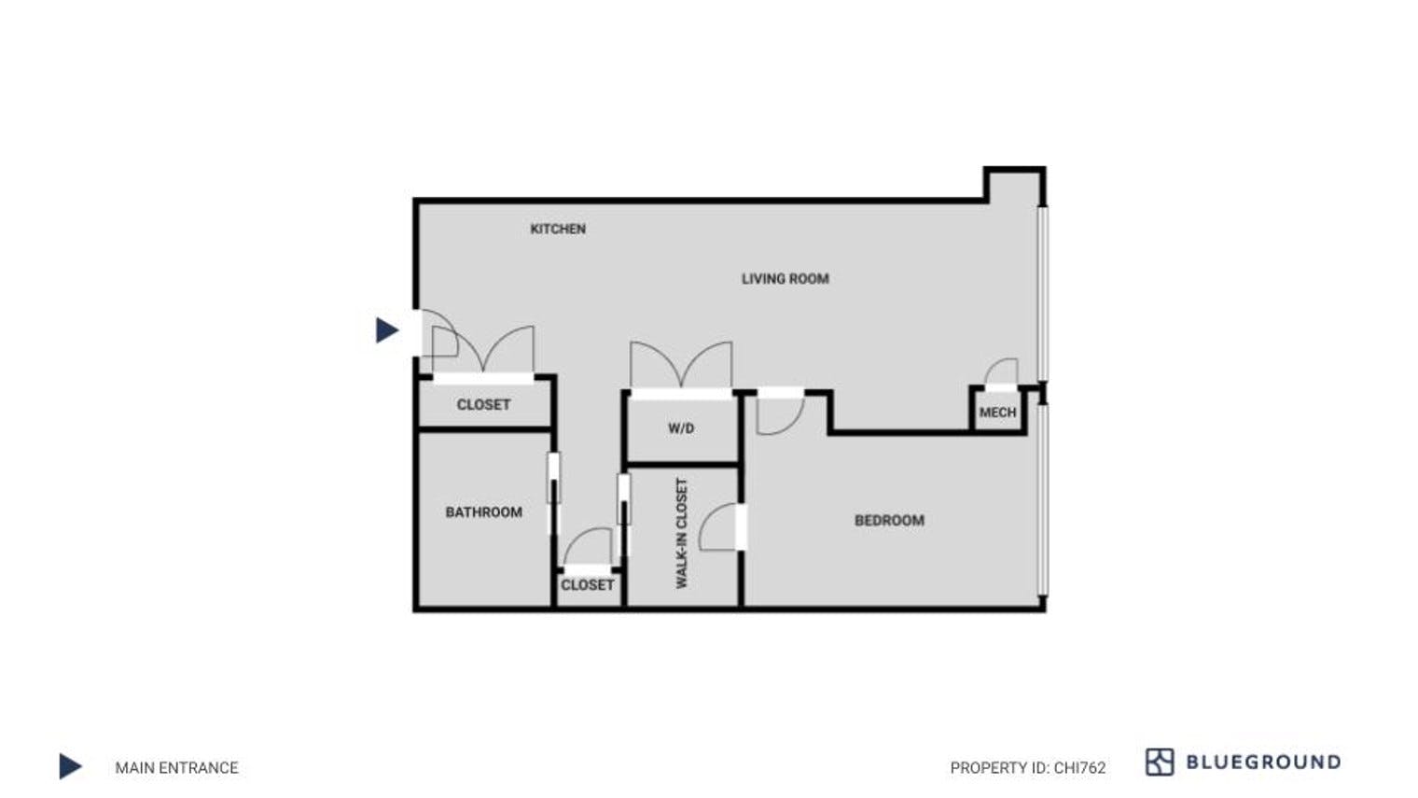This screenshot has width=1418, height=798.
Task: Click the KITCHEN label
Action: point(558,229)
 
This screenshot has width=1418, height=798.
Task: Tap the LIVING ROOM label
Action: point(785,278)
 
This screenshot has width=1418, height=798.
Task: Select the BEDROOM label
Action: point(889,520)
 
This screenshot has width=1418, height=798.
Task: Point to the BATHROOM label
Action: point(483,511)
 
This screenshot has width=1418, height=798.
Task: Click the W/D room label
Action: point(681,428)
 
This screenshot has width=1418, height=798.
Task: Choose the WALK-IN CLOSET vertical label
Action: point(681,533)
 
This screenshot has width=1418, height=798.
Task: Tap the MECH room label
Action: point(997,412)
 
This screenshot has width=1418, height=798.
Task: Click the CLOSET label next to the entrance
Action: point(483,404)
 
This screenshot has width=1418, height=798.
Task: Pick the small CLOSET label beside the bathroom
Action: point(587,584)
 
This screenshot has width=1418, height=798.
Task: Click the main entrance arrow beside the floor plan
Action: point(386,329)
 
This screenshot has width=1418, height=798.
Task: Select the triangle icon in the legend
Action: point(70,766)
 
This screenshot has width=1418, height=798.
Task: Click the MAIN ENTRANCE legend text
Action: point(176,767)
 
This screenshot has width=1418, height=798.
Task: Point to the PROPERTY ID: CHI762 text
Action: point(1027,767)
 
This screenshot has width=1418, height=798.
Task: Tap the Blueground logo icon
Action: point(1159,762)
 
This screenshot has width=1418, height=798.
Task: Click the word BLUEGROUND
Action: point(1263,762)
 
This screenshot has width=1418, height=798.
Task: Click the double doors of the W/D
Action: point(681,366)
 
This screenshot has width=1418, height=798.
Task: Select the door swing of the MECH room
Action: point(1002,372)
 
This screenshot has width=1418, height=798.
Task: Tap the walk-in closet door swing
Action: point(720,527)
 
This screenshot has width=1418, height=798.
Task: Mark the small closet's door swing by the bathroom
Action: point(589,548)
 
